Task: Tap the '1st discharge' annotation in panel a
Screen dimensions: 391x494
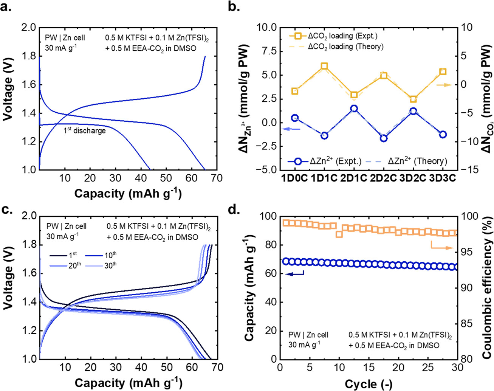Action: click(84, 130)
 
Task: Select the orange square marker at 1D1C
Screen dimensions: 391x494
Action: click(324, 67)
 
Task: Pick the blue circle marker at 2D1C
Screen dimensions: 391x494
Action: click(354, 109)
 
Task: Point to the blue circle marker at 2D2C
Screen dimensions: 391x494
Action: click(384, 138)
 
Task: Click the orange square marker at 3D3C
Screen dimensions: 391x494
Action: click(443, 72)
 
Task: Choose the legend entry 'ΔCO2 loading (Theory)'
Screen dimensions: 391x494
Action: click(345, 47)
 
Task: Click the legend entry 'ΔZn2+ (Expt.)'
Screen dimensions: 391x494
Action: click(335, 161)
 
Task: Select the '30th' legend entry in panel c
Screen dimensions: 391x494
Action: click(110, 265)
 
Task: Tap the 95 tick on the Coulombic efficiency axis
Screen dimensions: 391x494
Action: click(465, 252)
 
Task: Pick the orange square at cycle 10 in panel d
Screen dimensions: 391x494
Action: click(339, 234)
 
